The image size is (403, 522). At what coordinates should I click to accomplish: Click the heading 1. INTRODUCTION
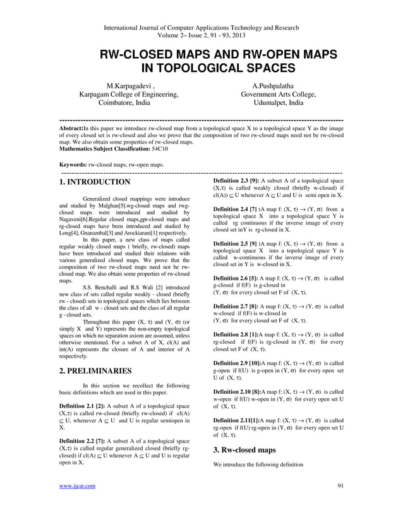(94, 183)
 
